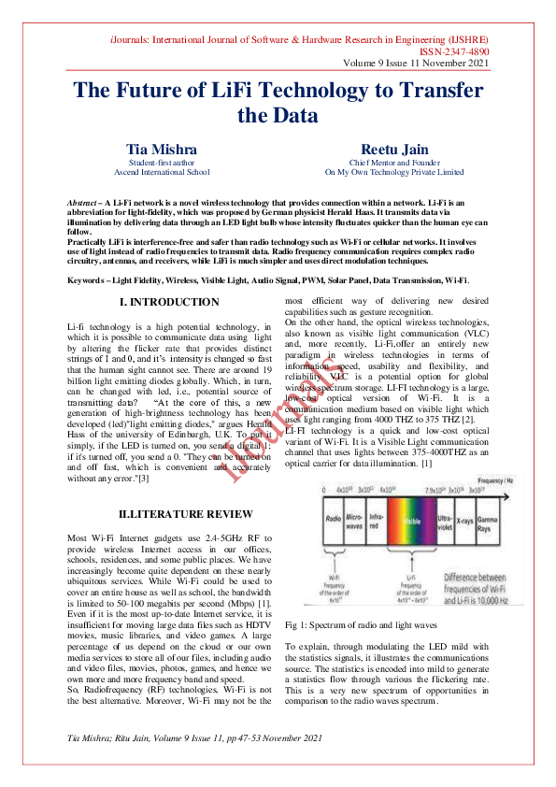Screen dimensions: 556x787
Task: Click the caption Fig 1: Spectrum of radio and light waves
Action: click(360, 624)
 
